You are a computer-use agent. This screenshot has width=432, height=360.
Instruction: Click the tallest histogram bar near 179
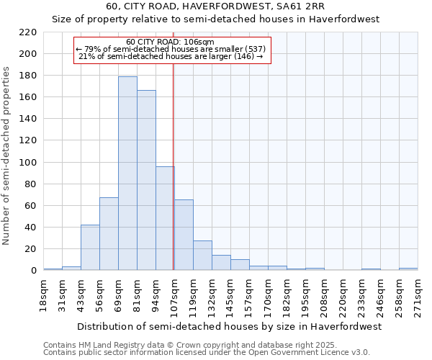127,173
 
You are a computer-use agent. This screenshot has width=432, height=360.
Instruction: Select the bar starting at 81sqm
146,180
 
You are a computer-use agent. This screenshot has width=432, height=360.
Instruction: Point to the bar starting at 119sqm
202,255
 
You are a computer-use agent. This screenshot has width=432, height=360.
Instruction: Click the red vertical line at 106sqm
174,166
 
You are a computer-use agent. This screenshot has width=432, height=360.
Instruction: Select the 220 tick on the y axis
29,32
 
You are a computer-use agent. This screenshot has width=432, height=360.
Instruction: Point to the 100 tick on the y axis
29,163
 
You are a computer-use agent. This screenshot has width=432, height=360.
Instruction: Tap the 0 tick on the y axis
33,271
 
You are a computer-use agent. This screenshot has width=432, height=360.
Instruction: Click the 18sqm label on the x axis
44,294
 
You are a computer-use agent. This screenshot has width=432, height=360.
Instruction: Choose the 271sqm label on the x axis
418,294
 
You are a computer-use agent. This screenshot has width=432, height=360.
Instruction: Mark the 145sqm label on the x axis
231,294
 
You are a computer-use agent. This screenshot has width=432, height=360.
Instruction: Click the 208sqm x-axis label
325,294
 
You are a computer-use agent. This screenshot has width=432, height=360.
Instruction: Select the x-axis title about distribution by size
228,326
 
